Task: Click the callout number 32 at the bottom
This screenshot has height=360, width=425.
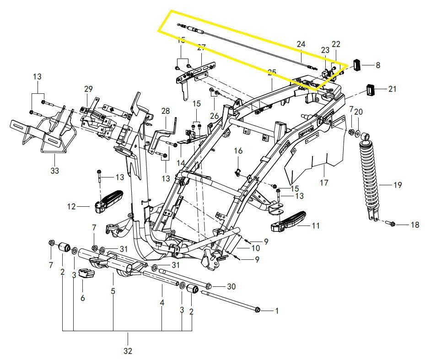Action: (128, 351)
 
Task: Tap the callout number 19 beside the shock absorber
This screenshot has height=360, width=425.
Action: (398, 185)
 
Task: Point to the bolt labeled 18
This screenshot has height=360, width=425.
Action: (391, 224)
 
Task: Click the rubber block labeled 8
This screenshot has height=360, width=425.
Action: (356, 65)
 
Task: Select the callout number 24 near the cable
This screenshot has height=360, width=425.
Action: (301, 44)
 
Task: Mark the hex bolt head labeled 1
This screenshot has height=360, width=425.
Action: (257, 311)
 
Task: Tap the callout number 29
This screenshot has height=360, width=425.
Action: (88, 88)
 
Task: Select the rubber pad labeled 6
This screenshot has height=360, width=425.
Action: (86, 274)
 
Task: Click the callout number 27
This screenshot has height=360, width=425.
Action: (201, 47)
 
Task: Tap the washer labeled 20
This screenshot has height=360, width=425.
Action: (365, 136)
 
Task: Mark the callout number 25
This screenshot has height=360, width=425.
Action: (272, 72)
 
